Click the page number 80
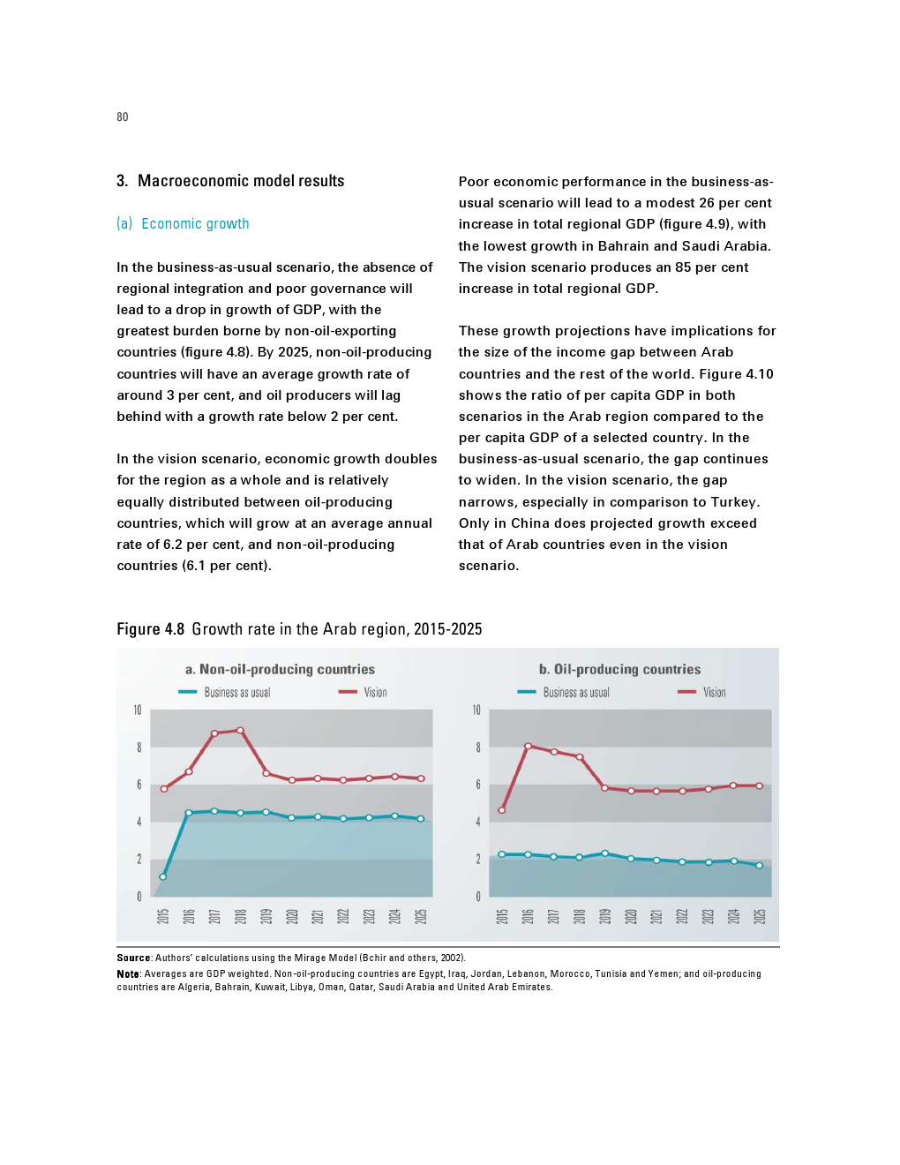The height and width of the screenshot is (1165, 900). point(123,116)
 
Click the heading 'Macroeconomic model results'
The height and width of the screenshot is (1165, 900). point(241,181)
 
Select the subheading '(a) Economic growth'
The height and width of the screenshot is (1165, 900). point(183,224)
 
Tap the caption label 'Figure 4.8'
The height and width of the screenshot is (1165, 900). point(150,629)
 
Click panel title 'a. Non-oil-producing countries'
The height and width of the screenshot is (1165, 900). point(280,670)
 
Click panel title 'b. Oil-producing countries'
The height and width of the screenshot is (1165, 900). point(619,670)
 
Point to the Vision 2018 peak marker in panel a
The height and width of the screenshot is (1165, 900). point(240,731)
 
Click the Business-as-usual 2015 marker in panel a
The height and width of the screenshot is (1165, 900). point(163,876)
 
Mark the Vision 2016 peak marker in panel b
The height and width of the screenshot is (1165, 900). point(528,746)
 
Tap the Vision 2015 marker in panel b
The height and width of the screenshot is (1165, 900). point(502,810)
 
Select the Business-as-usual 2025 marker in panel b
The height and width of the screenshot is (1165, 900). point(760,866)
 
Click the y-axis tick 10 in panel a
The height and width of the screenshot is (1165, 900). point(138,710)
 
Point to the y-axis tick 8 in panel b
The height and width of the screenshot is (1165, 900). point(478,748)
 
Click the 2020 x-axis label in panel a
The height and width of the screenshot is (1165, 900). point(291,916)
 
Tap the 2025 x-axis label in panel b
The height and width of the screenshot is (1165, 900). point(760,916)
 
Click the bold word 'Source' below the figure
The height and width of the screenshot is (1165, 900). point(133,958)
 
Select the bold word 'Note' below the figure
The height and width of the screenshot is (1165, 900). point(128,974)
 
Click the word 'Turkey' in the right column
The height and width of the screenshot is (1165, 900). point(733,502)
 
